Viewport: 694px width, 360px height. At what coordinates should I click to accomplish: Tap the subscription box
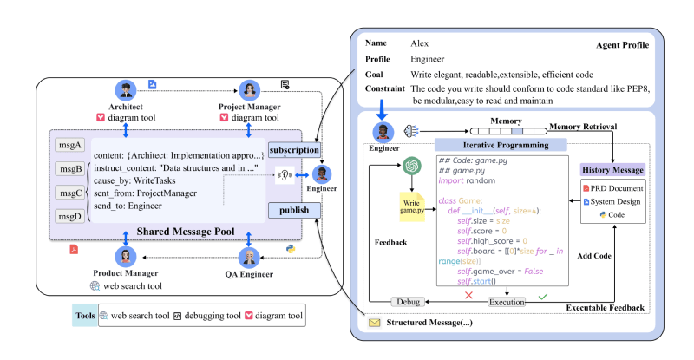(294, 149)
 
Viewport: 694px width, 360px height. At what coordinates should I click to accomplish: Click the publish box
(294, 210)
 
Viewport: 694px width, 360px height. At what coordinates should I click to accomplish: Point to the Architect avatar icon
(126, 91)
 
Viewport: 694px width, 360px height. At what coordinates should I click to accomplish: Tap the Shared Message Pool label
(186, 232)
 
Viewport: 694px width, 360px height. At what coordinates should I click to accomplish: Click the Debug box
(408, 325)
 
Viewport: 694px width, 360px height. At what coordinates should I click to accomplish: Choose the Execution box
(507, 325)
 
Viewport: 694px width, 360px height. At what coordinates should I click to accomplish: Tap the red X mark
(468, 320)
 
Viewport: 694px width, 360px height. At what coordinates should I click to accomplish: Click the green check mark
(543, 320)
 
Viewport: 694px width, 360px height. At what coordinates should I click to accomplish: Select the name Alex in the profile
(421, 42)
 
